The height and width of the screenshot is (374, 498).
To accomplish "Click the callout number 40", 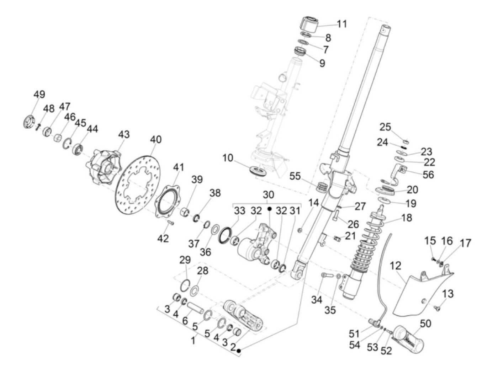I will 155,139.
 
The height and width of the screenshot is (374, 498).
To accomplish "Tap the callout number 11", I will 342,24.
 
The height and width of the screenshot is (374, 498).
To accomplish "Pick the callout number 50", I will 425,323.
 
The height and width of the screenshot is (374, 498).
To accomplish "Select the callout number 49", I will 39,95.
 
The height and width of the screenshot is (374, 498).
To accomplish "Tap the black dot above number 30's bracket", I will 269,208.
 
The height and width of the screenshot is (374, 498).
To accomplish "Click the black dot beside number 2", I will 239,351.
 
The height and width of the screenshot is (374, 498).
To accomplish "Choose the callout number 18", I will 407,218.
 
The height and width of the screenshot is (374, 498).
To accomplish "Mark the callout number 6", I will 185,320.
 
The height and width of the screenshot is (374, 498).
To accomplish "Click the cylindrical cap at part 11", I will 309,23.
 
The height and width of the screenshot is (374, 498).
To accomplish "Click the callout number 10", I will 228,157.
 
